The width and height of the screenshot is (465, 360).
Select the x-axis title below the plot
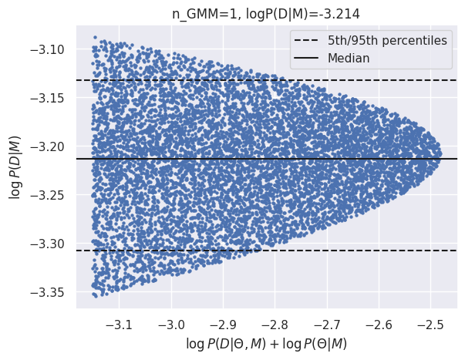tap(266, 342)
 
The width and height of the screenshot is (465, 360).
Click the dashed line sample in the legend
tap(308, 40)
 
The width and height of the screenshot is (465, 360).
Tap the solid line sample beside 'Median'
tap(308, 58)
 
